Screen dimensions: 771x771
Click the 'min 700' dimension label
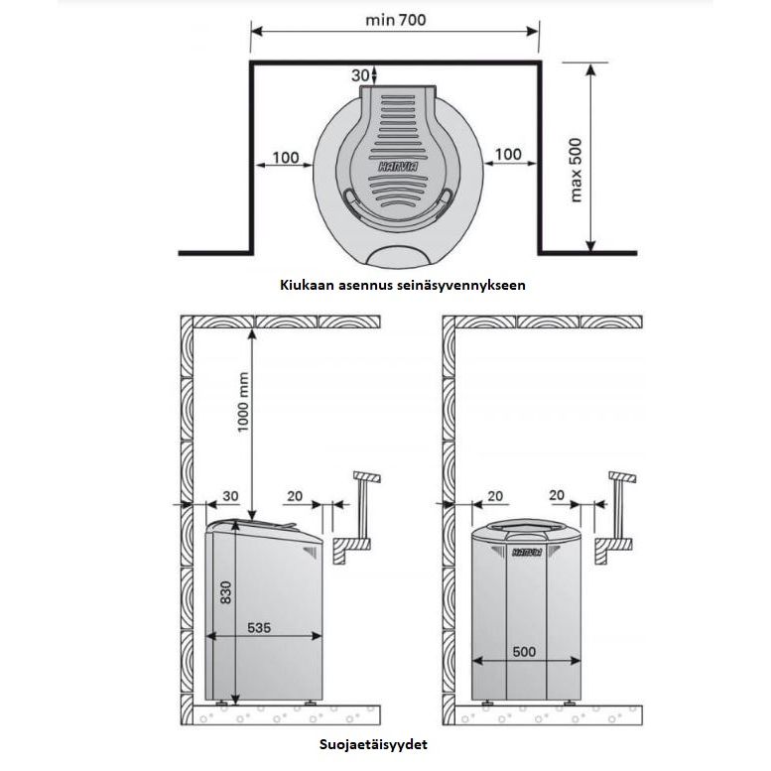395,20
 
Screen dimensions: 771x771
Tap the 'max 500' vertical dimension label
576,170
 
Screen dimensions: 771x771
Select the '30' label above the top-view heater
360,75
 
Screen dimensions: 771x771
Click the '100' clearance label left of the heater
286,158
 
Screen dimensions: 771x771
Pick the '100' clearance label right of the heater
508,154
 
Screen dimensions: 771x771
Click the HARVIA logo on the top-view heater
398,167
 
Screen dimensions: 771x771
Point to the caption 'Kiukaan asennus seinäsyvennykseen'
403,285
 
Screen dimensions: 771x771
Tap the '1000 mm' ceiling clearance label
243,402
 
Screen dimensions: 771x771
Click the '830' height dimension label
225,592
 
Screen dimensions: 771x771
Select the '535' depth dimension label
259,627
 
